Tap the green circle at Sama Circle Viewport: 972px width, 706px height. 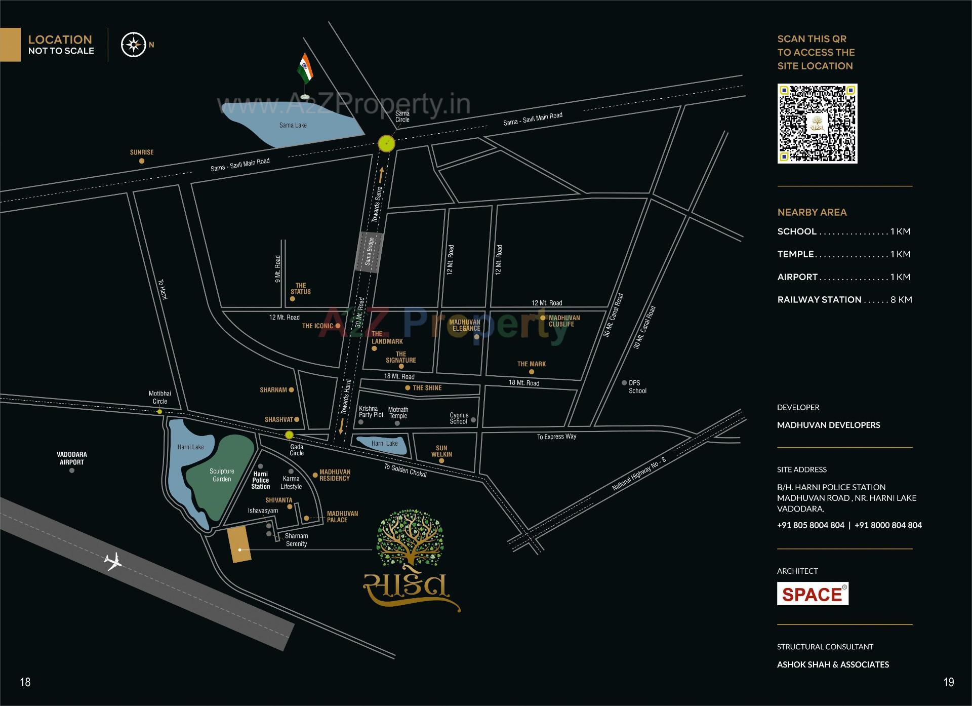(x=386, y=143)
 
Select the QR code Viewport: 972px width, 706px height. (x=817, y=124)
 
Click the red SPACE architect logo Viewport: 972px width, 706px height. (x=813, y=594)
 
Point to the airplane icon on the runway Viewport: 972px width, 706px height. (x=112, y=561)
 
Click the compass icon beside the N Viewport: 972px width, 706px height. (x=133, y=45)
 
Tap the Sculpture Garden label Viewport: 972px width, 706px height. (x=222, y=475)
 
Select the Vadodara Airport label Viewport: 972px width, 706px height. (x=72, y=458)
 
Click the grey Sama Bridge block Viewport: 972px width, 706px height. (x=370, y=252)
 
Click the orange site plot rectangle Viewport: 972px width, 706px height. (x=239, y=544)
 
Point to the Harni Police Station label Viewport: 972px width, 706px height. (x=261, y=480)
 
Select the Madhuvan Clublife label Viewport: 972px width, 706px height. (x=564, y=321)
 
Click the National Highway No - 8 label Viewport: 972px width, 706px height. (x=639, y=474)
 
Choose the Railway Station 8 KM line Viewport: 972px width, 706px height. (x=844, y=300)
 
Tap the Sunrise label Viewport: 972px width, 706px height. (x=142, y=152)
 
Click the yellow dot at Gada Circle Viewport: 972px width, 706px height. (x=289, y=435)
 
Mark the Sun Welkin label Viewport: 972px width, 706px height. (x=441, y=451)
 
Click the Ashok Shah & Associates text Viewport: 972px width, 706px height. (x=833, y=664)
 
